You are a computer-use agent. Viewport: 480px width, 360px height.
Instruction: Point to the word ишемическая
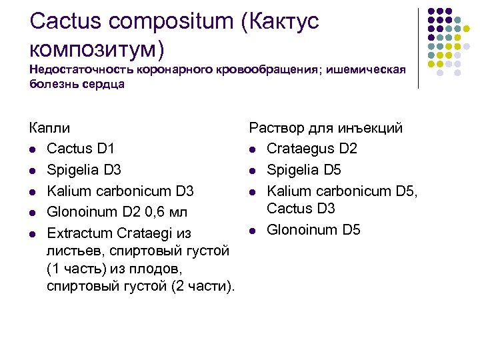click(367, 70)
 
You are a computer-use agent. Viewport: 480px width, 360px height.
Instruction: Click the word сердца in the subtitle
click(100, 85)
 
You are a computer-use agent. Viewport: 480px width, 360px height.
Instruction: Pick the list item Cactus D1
click(81, 149)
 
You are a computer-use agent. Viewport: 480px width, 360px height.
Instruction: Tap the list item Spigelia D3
click(84, 170)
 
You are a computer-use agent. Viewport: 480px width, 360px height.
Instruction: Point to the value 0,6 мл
click(167, 212)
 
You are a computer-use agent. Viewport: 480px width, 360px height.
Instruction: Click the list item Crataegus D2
click(312, 149)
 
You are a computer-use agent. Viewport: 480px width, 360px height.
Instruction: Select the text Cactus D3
click(301, 209)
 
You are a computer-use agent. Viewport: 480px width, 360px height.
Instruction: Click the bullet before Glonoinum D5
click(253, 231)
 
